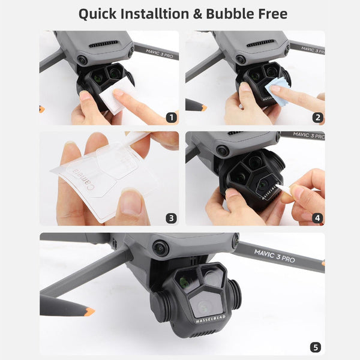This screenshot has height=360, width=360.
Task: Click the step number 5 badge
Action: (x=316, y=347)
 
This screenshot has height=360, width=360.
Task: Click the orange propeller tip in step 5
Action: (x=89, y=311)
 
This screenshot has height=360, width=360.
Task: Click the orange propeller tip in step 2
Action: (x=203, y=108)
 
